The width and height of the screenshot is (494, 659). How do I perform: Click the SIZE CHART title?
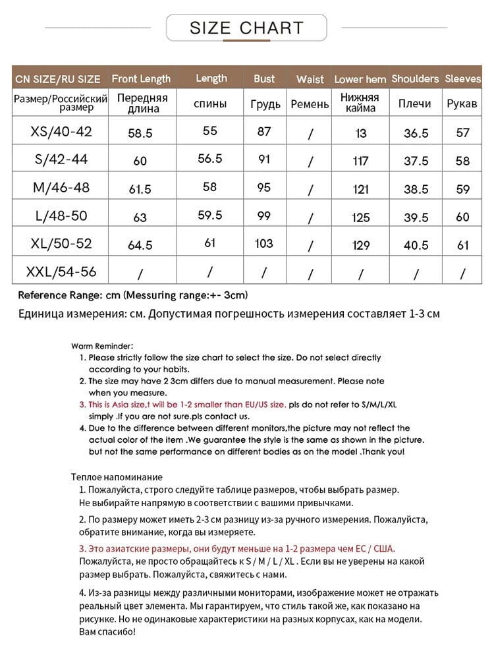coord(246,28)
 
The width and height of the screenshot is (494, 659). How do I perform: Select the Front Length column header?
coord(141,78)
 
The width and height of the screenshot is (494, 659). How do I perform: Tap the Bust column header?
coord(264,78)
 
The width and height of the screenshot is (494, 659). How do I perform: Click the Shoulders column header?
coord(415,78)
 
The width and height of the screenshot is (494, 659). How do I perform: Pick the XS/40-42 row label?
coord(61,132)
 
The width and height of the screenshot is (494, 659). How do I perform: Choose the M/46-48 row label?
coord(61,188)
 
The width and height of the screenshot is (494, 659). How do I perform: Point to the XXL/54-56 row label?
coord(61,271)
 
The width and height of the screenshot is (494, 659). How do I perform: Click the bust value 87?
coord(264,131)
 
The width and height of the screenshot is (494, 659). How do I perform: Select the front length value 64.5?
coord(140,245)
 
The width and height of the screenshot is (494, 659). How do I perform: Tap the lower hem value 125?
coord(360,217)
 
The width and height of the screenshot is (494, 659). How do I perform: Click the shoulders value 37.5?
coord(416,161)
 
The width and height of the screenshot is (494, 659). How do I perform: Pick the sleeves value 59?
coord(463,189)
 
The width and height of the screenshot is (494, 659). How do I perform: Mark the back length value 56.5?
coord(210,159)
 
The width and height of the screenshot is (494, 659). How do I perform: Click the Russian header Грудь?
coord(265,104)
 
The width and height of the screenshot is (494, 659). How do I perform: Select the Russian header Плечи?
coord(415,103)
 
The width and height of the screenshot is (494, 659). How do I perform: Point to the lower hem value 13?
coord(360,133)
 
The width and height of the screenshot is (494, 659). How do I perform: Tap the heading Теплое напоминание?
coord(116,476)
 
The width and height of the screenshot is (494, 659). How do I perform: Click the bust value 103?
coord(263,243)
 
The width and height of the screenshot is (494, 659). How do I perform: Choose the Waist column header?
coord(310,79)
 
